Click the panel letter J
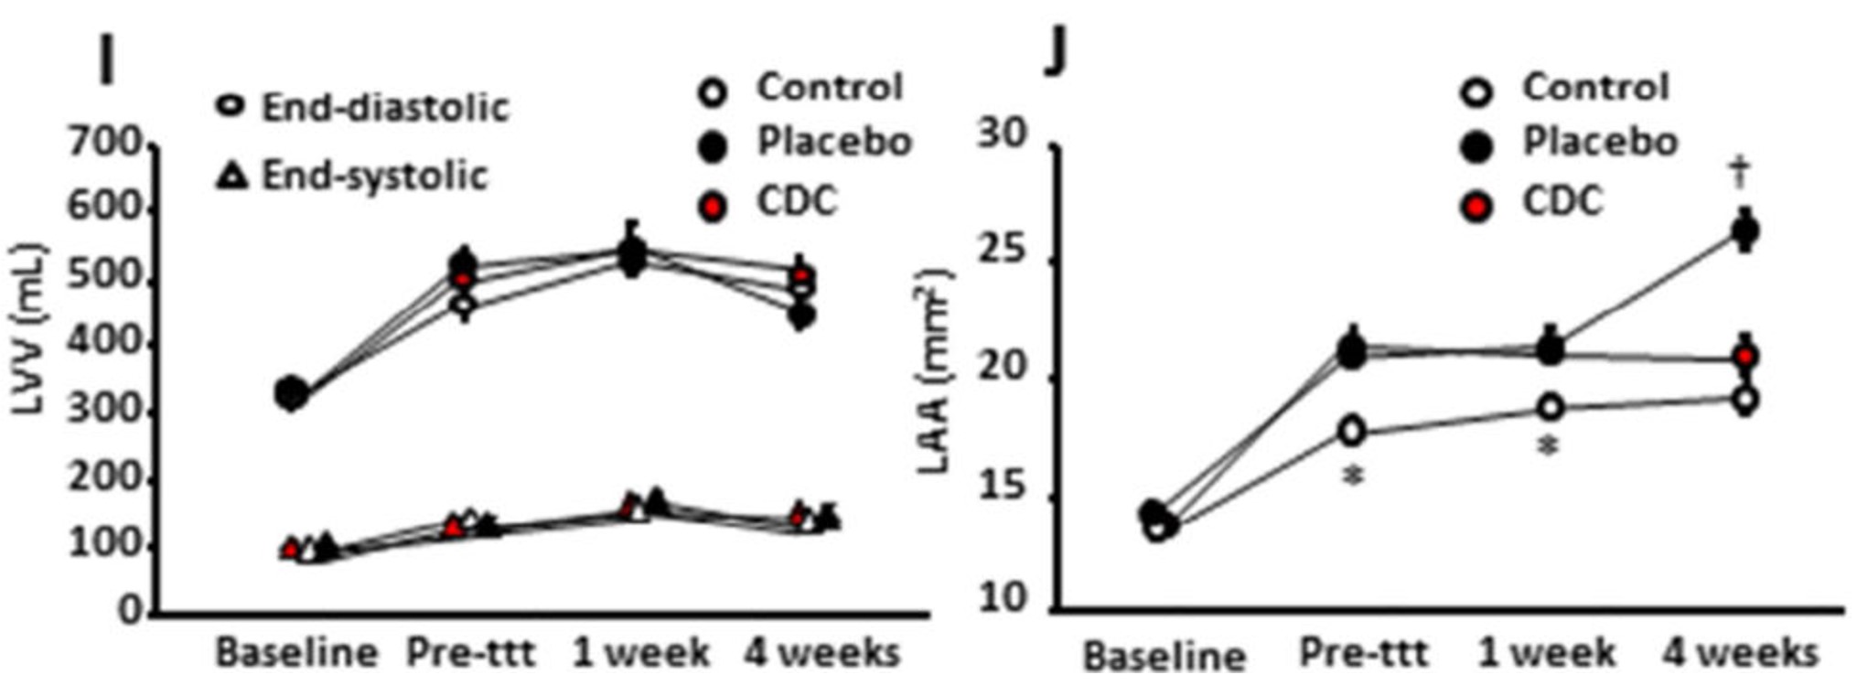click(1057, 54)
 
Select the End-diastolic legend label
click(384, 108)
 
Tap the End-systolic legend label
click(374, 176)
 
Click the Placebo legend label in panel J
click(1600, 143)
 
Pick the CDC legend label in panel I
click(796, 201)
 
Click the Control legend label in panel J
click(1594, 88)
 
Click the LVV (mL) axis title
click(29, 329)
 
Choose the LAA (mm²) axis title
click(935, 371)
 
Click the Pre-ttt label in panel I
click(470, 653)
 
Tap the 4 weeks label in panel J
click(1740, 653)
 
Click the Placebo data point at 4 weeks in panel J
click(1744, 230)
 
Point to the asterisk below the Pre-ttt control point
click(1353, 476)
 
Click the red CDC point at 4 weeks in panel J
click(1744, 356)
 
